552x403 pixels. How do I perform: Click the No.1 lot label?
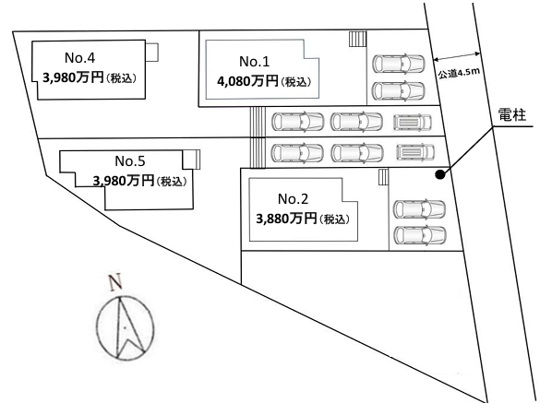254,62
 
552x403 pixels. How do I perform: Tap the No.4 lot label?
80,58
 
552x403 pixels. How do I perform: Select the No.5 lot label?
130,161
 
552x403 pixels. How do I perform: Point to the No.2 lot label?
293,199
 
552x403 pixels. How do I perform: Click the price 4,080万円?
247,81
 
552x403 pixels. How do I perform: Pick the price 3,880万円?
286,219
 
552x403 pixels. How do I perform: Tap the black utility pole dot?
439,174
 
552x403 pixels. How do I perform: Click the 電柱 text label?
512,115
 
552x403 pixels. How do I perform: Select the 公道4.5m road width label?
459,73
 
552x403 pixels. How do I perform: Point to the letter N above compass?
115,281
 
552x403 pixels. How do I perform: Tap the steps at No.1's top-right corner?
357,39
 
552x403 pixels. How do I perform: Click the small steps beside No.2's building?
384,177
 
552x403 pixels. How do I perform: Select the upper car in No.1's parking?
399,64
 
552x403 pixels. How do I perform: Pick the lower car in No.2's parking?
420,235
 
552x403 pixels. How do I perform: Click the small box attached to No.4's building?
151,52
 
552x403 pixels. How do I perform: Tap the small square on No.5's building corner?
191,160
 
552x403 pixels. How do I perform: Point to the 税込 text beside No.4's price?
121,78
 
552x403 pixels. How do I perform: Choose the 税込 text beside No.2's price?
334,219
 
